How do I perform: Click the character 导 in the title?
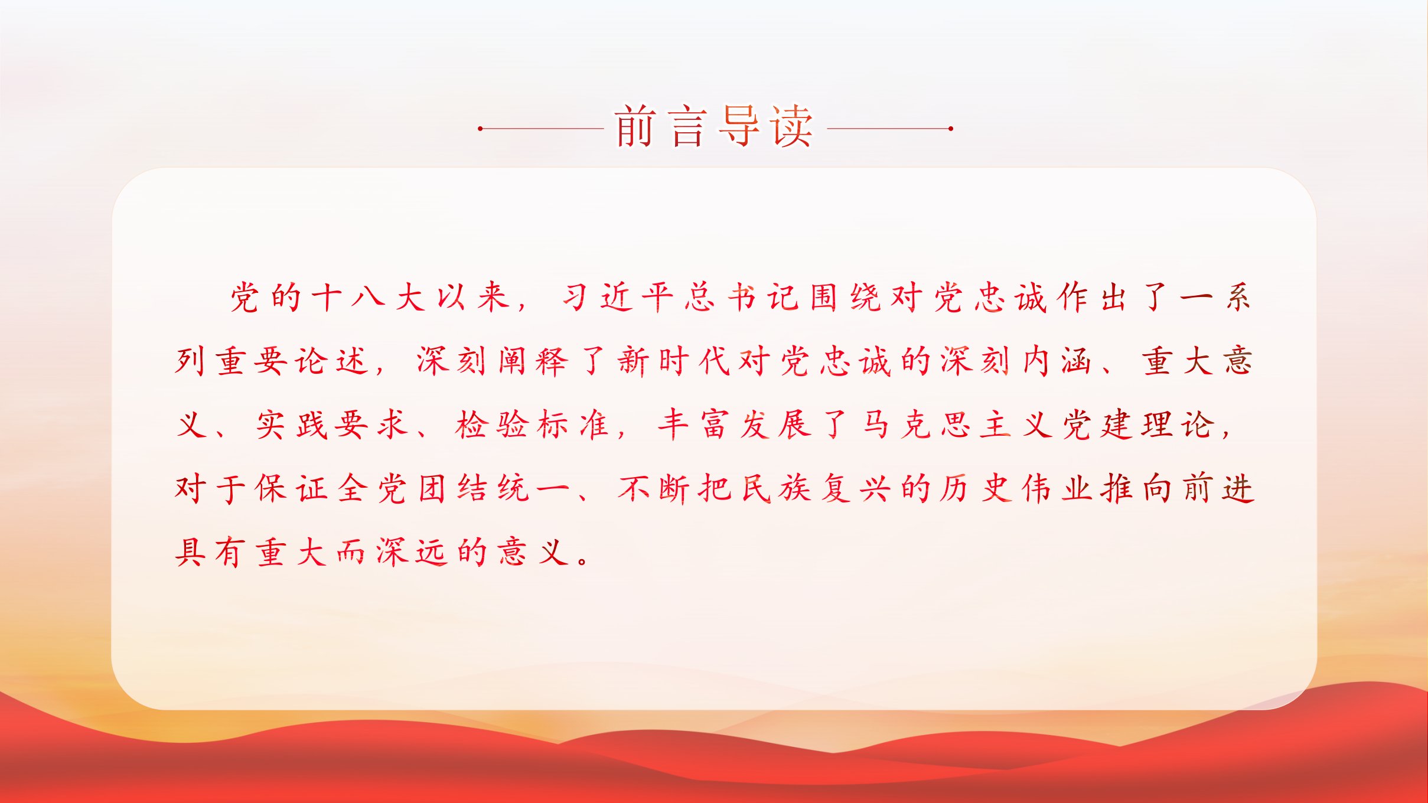pos(740,126)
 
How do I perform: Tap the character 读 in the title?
pos(792,126)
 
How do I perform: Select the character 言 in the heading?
pos(689,126)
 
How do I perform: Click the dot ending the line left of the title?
pos(481,128)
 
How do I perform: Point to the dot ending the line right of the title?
pos(951,128)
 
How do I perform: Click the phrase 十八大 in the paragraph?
pos(369,297)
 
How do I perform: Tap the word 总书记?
pos(742,297)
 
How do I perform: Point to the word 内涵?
pos(1057,361)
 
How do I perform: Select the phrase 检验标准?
pos(532,425)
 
